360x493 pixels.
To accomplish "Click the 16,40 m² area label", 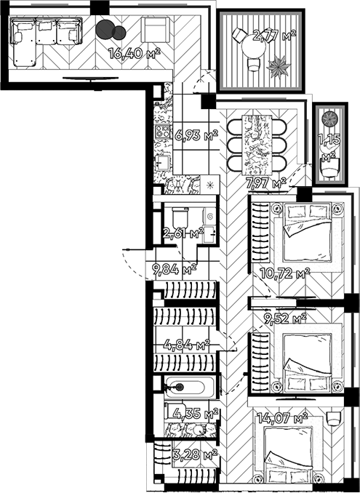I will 133,52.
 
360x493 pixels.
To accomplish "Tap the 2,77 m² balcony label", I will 273,34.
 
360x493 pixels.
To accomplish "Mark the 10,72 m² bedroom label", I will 285,273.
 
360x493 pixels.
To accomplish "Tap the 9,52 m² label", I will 285,318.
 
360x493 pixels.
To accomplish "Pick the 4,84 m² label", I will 186,344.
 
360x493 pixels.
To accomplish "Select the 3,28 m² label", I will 193,455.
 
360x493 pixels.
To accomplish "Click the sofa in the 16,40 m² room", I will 44,35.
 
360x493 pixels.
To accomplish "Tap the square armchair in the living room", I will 156,31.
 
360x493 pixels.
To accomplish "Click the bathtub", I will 188,388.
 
